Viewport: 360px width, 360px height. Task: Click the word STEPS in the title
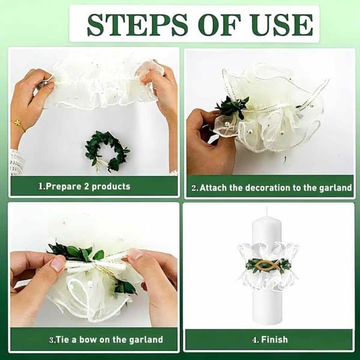point(137,25)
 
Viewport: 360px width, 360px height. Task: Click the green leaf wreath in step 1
point(107,151)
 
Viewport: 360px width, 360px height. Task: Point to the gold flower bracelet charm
point(17,122)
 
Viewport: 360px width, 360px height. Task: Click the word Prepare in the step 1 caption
point(63,187)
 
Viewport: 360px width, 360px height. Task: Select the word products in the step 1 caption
point(111,187)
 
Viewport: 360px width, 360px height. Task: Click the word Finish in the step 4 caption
point(274,340)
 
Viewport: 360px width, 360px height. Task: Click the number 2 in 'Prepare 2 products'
point(86,186)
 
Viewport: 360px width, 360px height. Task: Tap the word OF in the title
point(220,25)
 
